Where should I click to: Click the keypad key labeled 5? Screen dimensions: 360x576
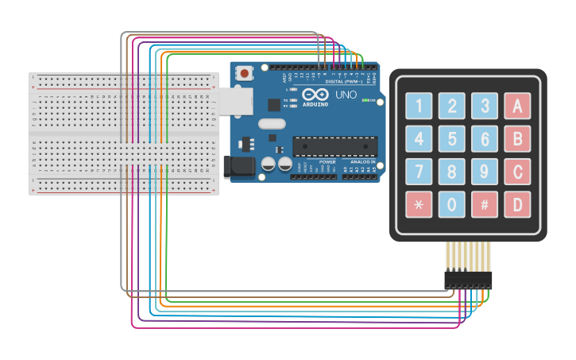452,139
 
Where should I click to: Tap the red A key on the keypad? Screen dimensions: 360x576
517,106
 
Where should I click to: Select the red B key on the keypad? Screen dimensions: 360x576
517,139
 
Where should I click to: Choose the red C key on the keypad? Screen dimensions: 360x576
517,172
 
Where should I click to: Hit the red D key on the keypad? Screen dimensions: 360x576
517,204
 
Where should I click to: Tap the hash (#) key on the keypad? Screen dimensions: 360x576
485,204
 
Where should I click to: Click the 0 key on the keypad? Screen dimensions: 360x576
452,204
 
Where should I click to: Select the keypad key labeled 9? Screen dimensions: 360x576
485,172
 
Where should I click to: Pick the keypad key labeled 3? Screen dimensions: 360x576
485,106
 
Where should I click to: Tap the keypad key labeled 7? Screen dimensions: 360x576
419,172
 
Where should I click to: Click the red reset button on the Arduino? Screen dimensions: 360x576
245,73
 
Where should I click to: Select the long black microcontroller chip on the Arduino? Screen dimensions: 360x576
334,146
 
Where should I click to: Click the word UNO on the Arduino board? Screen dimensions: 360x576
346,95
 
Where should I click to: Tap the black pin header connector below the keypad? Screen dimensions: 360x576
468,280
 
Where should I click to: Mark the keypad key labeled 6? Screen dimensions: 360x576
485,139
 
